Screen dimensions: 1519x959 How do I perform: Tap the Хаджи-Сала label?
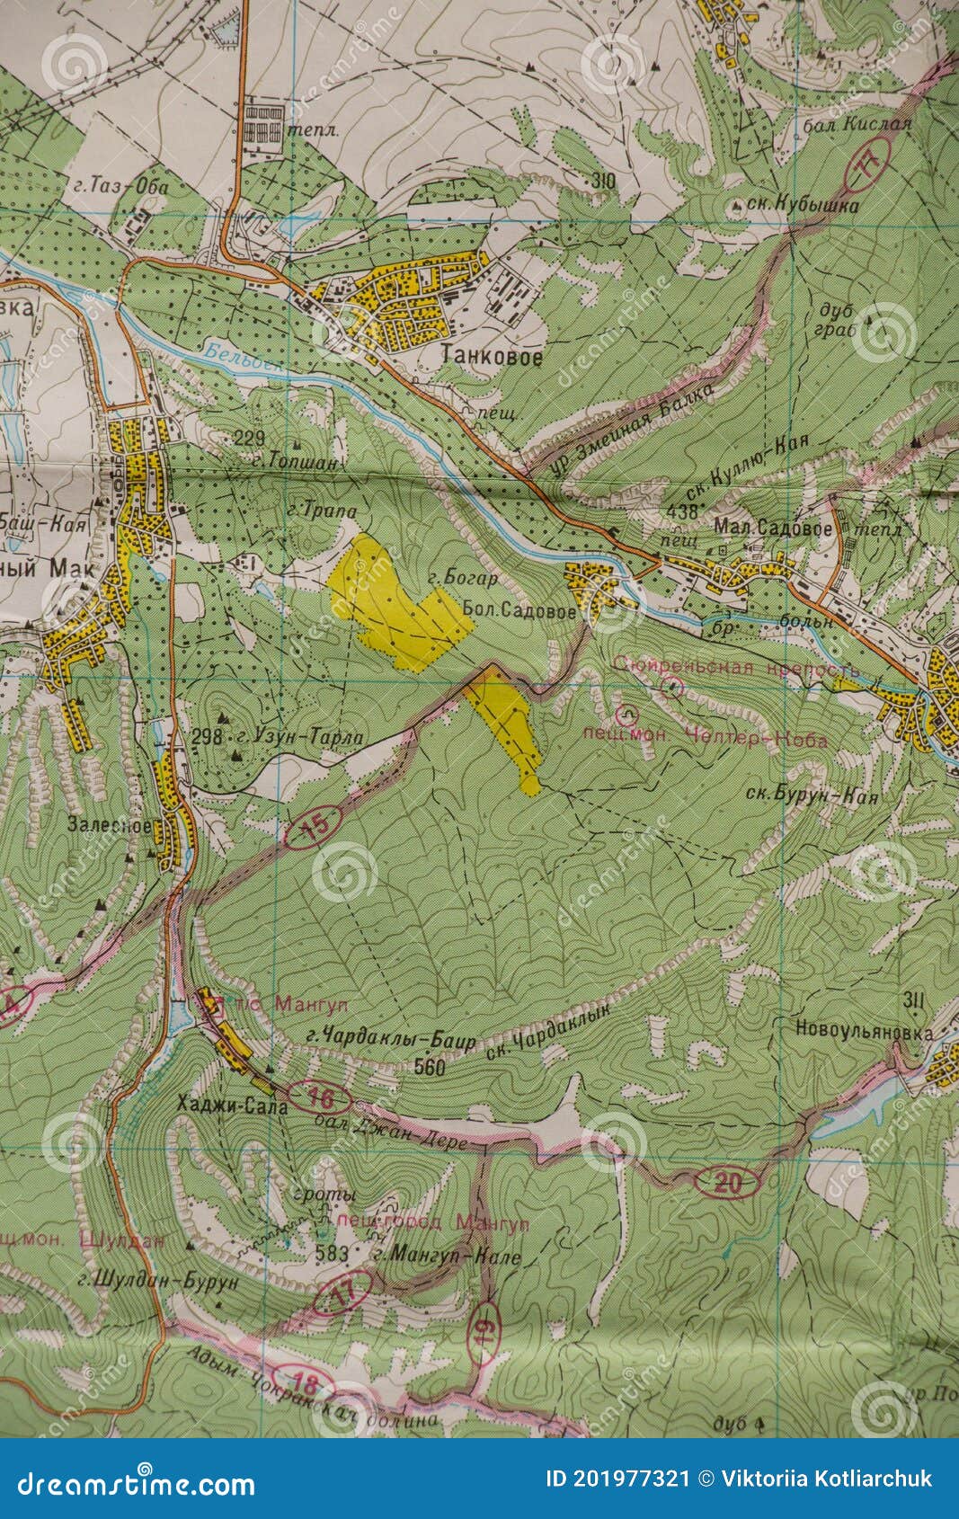pos(233,1106)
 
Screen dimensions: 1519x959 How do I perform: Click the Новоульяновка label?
pos(863,1033)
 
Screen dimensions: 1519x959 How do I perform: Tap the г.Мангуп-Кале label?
pos(448,1257)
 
